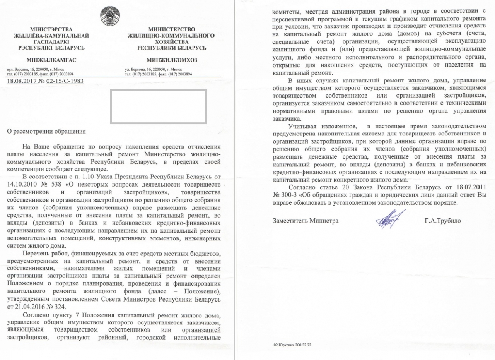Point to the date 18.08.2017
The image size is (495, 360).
[20, 81]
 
